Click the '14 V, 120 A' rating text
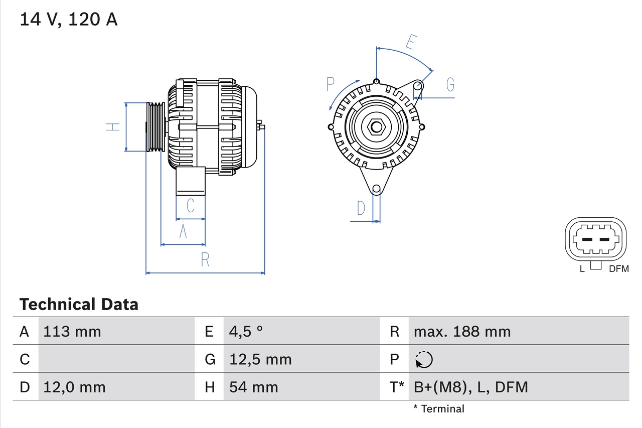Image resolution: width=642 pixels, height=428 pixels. (x=69, y=20)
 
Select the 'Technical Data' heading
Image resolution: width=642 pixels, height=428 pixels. (x=79, y=305)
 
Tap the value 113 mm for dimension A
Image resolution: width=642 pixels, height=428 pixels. (x=72, y=332)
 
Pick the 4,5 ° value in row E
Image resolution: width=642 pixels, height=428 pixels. (x=246, y=332)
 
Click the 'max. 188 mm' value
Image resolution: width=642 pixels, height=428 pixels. (x=462, y=332)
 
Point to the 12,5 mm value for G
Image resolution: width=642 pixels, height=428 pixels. (x=260, y=359)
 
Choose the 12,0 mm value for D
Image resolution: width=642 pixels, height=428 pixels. (x=75, y=387)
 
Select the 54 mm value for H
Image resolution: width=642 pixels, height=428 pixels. (x=253, y=387)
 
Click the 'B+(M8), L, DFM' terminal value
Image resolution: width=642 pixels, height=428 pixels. (x=470, y=387)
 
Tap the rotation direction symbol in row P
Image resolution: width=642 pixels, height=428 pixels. (x=424, y=359)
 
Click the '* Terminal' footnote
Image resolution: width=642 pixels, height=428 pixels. (x=439, y=409)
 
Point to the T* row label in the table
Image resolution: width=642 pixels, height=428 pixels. (x=397, y=387)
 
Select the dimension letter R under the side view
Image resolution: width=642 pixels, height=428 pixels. (x=205, y=259)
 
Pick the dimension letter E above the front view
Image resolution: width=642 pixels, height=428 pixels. (x=410, y=43)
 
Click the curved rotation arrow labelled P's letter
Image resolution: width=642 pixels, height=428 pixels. (x=330, y=84)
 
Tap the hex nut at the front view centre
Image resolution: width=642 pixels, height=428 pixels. (x=376, y=127)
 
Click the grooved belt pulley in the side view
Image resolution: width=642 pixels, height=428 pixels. (x=155, y=126)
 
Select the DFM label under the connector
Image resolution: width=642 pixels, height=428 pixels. (x=618, y=269)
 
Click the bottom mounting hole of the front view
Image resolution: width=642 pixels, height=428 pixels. (x=376, y=189)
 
